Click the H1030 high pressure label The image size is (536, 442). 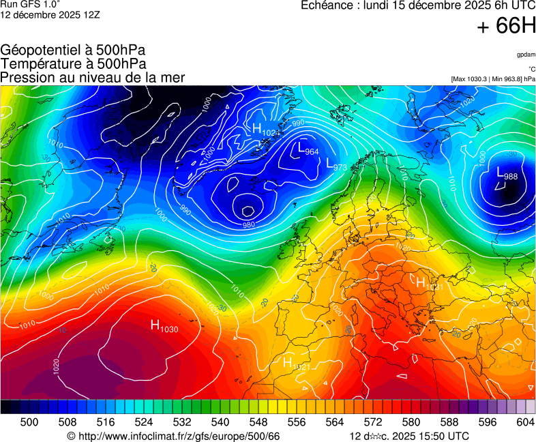[x=164, y=327]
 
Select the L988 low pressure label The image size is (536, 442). [x=507, y=174]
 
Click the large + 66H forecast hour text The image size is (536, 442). [x=506, y=27]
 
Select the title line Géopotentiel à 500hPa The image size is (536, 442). [x=73, y=50]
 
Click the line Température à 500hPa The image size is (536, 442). [x=73, y=64]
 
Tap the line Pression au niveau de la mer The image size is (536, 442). [x=93, y=78]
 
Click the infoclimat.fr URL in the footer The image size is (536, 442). [x=174, y=436]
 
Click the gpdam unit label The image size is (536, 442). [x=526, y=54]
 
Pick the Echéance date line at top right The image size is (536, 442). [x=418, y=6]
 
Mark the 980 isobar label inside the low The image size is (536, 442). [x=249, y=224]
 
